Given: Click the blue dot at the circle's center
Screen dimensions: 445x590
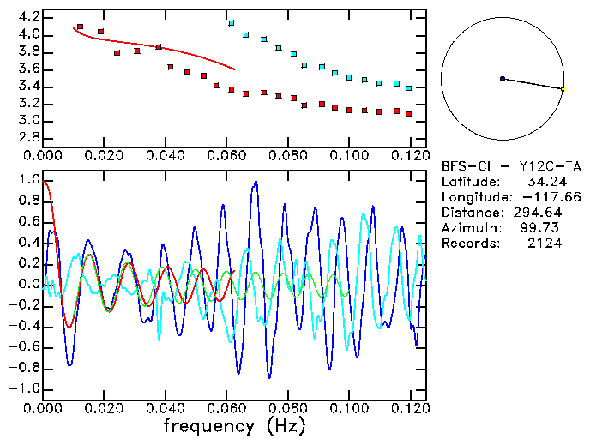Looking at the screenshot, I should (x=502, y=79).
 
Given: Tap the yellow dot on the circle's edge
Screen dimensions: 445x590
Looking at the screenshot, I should (x=563, y=89).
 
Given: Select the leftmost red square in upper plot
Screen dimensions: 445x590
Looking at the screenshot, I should (x=80, y=27).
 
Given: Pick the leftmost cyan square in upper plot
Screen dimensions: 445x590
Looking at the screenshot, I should (x=231, y=23).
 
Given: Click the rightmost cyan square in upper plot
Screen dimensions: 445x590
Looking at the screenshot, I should (x=409, y=88).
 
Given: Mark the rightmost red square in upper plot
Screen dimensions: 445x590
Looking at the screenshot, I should (x=409, y=114).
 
